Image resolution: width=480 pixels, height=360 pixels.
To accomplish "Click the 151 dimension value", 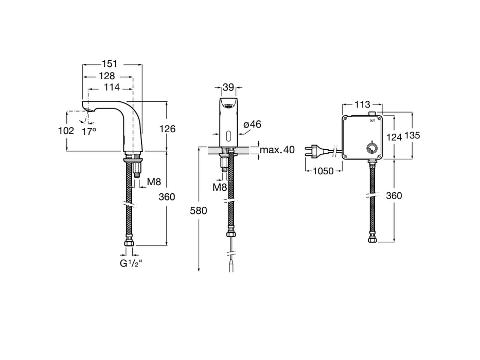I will coord(109,64).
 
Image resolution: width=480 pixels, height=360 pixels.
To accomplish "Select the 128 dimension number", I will coord(107,76).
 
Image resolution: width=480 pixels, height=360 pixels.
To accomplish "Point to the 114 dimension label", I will coord(112,87).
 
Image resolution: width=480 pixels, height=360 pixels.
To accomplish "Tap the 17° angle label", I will coord(89,131).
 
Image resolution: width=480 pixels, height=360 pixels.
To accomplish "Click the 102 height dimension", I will coord(66,131).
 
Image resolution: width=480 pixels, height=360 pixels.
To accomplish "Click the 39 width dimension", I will coord(228,87).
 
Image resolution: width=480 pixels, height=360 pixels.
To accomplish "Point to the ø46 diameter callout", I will coord(253,124).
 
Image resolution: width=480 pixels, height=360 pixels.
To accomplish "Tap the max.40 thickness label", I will coord(277,150).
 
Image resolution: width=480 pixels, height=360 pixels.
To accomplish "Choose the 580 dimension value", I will coord(199,211).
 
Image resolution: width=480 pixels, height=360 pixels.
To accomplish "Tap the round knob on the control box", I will coord(371,149).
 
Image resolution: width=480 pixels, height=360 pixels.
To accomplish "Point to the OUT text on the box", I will coord(372,121).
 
